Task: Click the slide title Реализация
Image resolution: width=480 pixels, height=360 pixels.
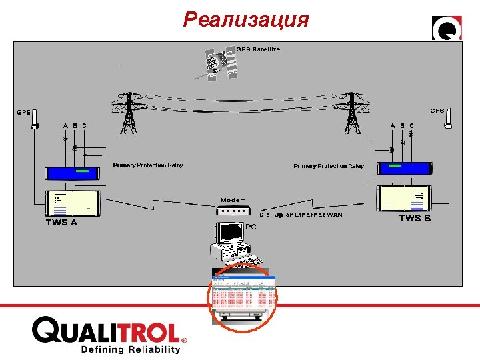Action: tap(246, 20)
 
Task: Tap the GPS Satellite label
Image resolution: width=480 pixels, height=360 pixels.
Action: tap(259, 49)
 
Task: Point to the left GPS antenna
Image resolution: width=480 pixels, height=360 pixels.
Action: tap(36, 124)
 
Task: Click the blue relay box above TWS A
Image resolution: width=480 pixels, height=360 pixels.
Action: tap(73, 172)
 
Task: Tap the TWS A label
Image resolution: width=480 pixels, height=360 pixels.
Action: tap(61, 223)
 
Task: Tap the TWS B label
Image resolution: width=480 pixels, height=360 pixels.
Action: tap(415, 218)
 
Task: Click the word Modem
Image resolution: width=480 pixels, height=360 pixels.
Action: tap(233, 199)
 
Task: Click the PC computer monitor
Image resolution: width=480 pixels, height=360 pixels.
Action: tap(227, 233)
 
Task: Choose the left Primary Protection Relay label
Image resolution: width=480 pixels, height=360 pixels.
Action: tap(148, 165)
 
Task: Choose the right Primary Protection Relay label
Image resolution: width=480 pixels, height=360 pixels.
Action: tap(329, 166)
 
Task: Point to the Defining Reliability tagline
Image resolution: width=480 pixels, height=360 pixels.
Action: tap(131, 349)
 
